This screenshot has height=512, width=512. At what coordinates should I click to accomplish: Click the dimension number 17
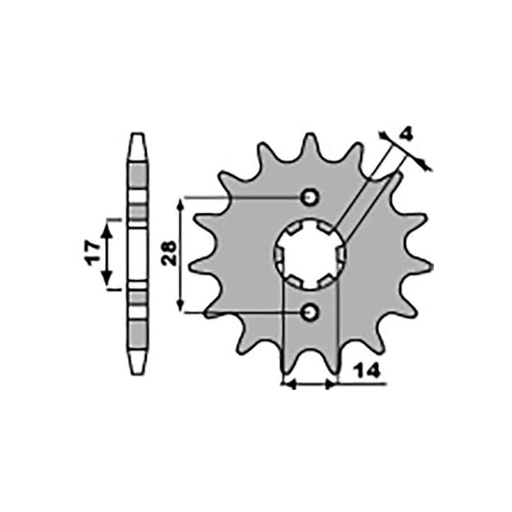click(93, 253)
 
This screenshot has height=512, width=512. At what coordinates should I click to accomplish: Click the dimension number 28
click(169, 253)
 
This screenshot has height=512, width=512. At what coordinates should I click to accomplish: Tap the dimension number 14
click(368, 371)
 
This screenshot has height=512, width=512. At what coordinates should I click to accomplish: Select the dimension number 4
click(406, 134)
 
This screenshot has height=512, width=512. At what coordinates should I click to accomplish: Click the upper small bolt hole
click(309, 197)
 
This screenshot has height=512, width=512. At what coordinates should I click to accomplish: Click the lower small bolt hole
click(309, 313)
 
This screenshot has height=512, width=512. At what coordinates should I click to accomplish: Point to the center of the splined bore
click(309, 255)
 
